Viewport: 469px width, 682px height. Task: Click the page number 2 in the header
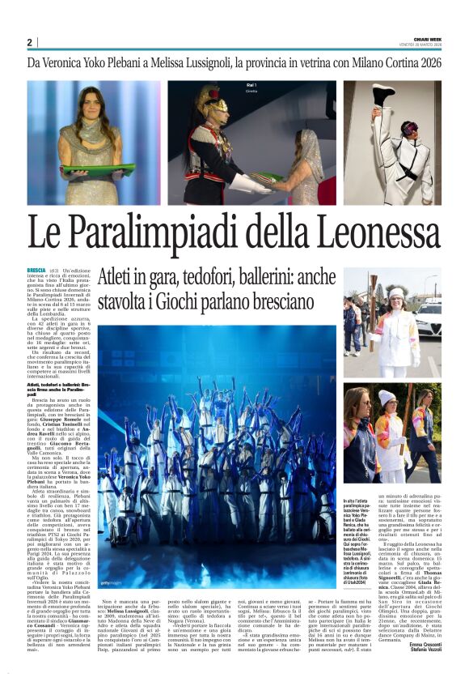tap(29, 43)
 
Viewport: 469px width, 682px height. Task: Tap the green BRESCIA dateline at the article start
tap(36, 269)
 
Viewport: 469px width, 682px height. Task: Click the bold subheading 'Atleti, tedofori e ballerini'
tap(49, 388)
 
